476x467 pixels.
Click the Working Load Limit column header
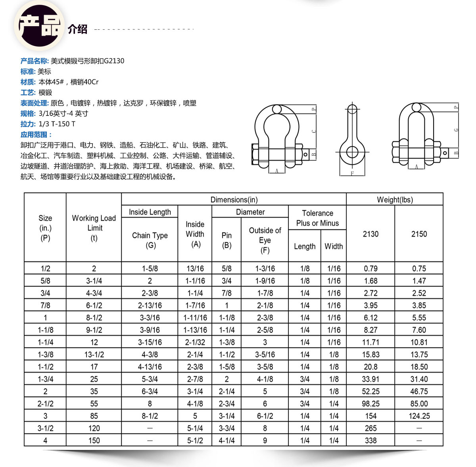(94, 228)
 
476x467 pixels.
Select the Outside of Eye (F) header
(265, 240)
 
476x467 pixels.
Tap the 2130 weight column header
(370, 234)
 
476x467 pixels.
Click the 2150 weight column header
(419, 234)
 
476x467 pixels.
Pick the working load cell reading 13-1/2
(94, 354)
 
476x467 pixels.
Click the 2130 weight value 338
(370, 440)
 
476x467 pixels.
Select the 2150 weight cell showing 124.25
(419, 416)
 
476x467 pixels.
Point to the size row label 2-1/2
(45, 404)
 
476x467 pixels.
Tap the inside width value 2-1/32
(195, 342)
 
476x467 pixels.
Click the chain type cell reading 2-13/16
(150, 305)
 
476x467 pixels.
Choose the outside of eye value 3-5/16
(265, 354)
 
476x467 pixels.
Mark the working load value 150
(94, 440)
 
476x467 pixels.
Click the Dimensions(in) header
(234, 200)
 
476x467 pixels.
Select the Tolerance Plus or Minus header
(317, 218)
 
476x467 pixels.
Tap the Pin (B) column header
(226, 240)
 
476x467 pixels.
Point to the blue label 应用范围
(36, 135)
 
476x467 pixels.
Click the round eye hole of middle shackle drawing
(352, 151)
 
